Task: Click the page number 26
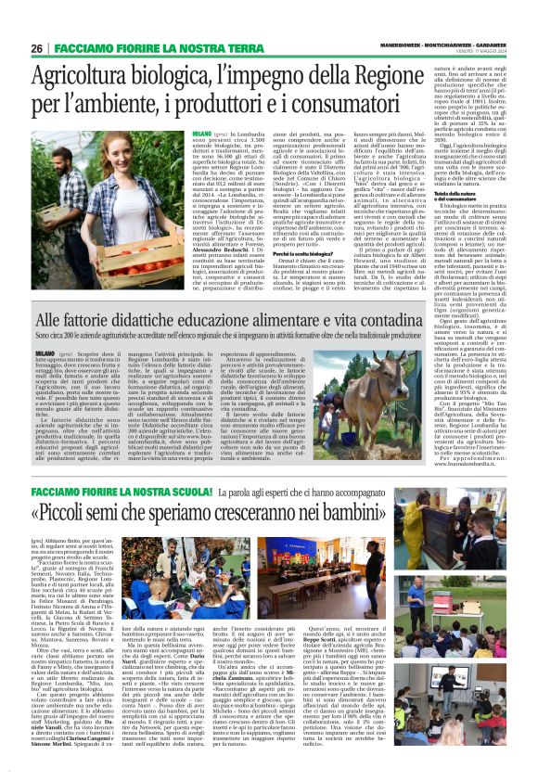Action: point(37,47)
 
